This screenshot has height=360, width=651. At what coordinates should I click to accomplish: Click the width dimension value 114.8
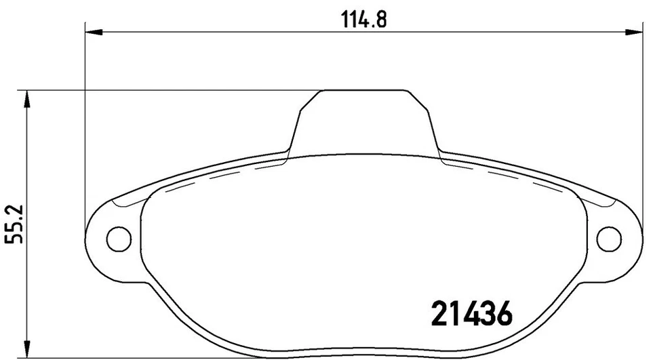click(363, 20)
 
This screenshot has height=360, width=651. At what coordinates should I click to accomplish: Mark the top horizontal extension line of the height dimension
click(170, 89)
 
